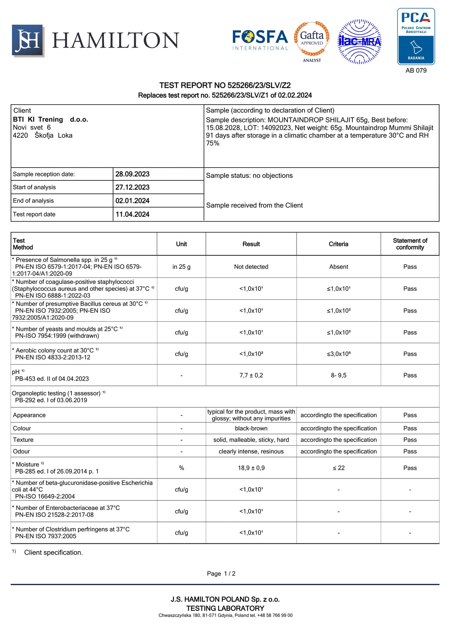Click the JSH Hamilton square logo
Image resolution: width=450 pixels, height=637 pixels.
tap(28, 40)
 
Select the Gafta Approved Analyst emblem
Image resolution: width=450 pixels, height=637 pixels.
tap(312, 41)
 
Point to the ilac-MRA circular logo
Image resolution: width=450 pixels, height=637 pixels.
tap(360, 42)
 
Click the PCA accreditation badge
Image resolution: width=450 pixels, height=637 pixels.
tap(416, 36)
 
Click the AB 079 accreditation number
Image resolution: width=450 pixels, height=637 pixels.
tap(416, 70)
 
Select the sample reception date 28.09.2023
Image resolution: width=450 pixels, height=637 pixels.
tap(132, 174)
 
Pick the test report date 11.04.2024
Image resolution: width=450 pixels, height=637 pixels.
tap(132, 214)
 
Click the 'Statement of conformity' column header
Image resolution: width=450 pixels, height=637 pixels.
tap(410, 244)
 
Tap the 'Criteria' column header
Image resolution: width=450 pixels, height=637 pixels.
tap(339, 244)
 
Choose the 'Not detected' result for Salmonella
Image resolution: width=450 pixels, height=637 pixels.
tap(251, 267)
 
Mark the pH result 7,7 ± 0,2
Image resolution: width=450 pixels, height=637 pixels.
tap(251, 375)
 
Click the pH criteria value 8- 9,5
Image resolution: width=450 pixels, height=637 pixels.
tap(339, 375)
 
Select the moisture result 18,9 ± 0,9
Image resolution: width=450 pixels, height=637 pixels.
tap(251, 468)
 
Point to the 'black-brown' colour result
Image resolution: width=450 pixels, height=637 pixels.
tap(251, 429)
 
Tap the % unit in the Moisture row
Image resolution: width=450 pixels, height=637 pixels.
tap(181, 468)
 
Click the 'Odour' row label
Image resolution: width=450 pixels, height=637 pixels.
tap(21, 452)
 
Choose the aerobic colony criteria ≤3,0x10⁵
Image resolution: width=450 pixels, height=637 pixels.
tap(339, 354)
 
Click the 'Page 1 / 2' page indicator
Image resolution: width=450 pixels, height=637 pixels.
tap(221, 574)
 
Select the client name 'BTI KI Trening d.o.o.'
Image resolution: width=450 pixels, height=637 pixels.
tap(51, 120)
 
